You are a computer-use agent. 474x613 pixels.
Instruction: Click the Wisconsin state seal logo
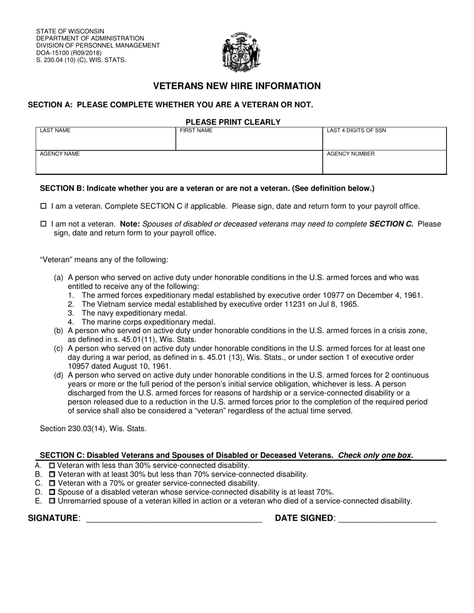(241, 52)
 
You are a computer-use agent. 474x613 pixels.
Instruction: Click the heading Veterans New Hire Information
(237, 86)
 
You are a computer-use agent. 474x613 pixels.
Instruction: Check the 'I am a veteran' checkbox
(43, 206)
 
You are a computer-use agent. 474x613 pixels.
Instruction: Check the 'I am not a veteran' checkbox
(43, 224)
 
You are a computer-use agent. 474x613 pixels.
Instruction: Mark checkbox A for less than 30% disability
(52, 465)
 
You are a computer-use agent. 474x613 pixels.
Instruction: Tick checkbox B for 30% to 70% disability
(52, 474)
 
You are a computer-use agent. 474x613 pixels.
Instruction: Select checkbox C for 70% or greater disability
(52, 483)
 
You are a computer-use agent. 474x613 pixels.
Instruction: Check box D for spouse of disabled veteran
(52, 492)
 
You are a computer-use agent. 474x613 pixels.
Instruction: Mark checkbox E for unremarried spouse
(52, 501)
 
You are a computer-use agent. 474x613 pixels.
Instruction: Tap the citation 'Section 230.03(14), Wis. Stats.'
(93, 428)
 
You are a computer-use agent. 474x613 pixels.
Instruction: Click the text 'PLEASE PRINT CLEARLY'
(233, 122)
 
